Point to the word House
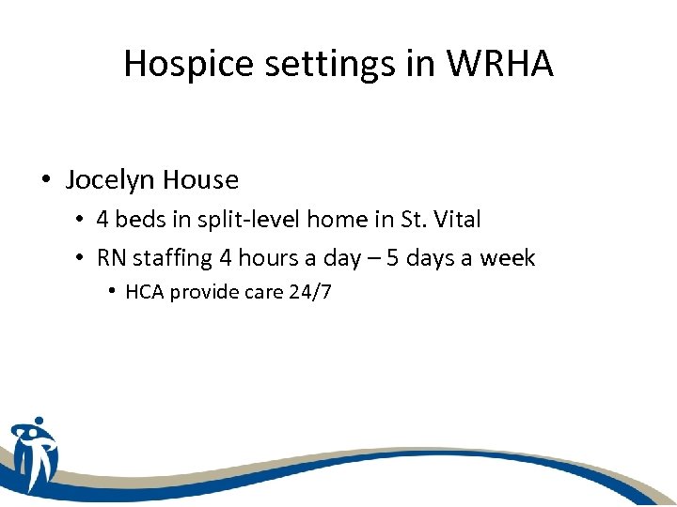coord(200,179)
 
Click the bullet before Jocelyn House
coord(46,179)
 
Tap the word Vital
coord(455,221)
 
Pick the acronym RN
coord(112,258)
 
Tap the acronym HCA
coord(144,292)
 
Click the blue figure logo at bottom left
coord(34,453)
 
